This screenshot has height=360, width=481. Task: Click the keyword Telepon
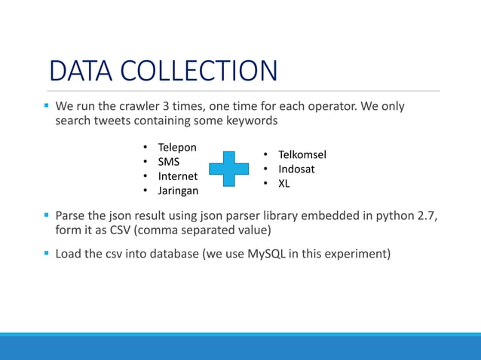tap(177, 148)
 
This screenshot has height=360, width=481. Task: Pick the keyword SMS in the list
tap(168, 162)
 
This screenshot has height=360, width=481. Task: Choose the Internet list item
tap(177, 176)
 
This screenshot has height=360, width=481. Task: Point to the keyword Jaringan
tap(178, 191)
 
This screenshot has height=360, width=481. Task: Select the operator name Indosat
tap(296, 169)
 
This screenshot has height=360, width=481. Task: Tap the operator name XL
tap(284, 183)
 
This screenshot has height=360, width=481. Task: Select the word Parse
tap(72, 216)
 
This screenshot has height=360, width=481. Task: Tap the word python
tap(393, 216)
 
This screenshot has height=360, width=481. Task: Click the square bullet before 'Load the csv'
tap(46, 253)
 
